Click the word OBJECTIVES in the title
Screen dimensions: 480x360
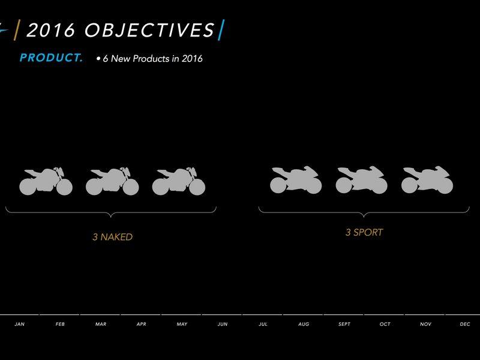(149, 30)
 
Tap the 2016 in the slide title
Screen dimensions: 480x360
(51, 30)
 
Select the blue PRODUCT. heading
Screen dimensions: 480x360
(51, 58)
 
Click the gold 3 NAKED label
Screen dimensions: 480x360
(113, 237)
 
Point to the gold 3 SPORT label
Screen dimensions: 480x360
(364, 232)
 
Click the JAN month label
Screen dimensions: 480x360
(20, 324)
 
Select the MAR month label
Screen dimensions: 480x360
(101, 324)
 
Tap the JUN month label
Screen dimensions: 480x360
(223, 324)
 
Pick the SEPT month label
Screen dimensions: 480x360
(344, 324)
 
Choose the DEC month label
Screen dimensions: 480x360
(465, 324)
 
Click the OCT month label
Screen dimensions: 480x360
(385, 324)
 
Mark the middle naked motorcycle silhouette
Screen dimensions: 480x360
(112, 181)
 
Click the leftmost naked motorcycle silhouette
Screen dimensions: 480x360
(46, 181)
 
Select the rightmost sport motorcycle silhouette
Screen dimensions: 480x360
(427, 181)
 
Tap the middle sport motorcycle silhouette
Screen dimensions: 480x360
(362, 181)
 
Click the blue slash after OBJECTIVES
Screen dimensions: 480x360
(221, 29)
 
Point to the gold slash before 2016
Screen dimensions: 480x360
(17, 29)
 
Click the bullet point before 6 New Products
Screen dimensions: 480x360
(98, 58)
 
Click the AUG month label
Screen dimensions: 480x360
(304, 324)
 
